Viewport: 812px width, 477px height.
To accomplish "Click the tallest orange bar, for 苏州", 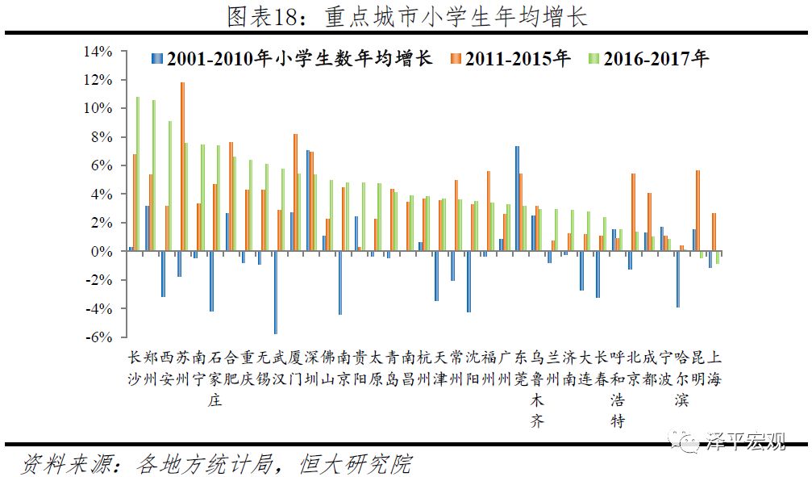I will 182,166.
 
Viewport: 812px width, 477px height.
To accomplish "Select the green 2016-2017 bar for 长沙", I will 138,174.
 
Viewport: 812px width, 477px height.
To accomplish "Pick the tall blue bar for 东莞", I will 517,199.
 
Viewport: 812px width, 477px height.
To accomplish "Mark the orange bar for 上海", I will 714,232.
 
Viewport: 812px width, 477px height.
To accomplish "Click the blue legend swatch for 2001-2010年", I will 157,59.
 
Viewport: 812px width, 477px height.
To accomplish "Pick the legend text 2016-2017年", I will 656,59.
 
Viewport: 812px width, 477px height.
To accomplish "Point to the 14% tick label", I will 99,52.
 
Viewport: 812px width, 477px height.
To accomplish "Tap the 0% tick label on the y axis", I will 105,252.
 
